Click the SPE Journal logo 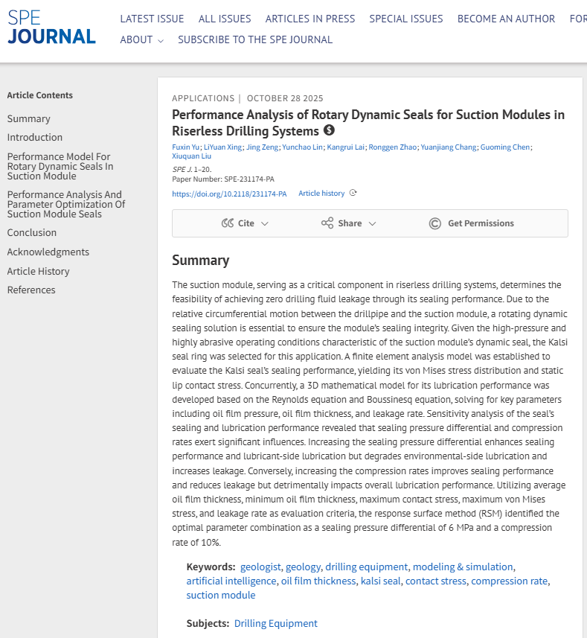51,28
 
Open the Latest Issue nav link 152,19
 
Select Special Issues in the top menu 405,19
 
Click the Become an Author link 506,19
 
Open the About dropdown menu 141,39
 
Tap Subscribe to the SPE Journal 255,39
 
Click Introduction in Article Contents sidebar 35,137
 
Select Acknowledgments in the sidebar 48,252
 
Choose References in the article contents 31,290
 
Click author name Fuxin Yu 185,147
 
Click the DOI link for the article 229,194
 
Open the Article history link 321,194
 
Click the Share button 349,223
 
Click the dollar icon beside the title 330,130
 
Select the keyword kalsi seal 380,581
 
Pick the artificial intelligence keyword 231,581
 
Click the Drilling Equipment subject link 275,623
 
